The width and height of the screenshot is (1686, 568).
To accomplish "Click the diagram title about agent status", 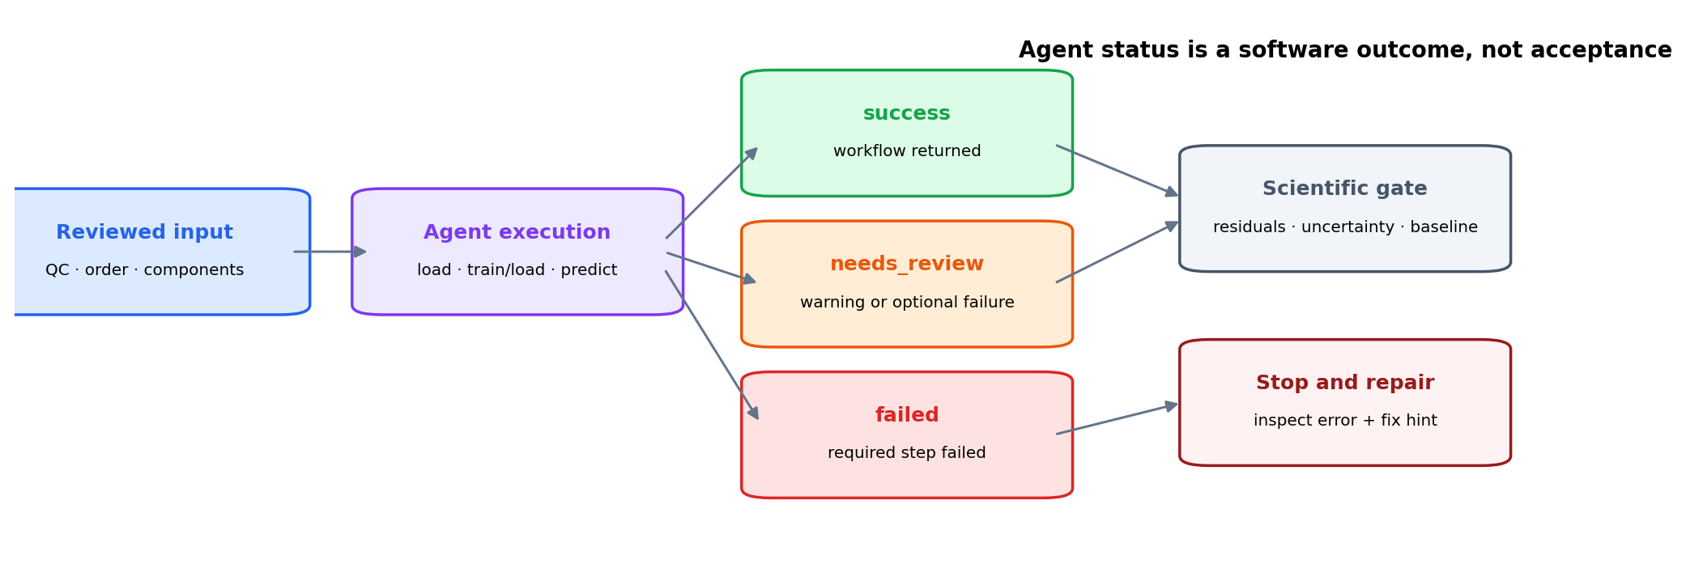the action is click(x=1345, y=50).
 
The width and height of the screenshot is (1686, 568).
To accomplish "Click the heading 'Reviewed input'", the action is click(x=145, y=233).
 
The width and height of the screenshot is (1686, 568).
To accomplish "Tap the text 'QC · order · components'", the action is click(x=145, y=270).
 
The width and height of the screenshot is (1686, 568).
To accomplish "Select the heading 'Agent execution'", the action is click(x=517, y=233).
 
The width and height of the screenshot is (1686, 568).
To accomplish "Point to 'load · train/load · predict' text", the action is click(x=517, y=270).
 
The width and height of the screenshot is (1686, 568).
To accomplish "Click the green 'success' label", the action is click(x=907, y=114).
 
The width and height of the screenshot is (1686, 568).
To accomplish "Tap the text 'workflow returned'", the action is click(x=907, y=151).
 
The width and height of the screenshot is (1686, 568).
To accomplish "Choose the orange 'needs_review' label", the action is click(x=907, y=265).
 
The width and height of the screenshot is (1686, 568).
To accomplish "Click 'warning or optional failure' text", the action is click(x=907, y=303).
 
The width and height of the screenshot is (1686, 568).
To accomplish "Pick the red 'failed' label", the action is click(x=907, y=416).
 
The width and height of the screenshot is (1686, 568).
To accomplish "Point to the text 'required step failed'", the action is click(x=907, y=453).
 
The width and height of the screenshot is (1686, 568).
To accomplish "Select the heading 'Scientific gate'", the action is click(x=1345, y=189).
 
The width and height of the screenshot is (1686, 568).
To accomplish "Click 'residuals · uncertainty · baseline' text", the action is click(x=1345, y=227).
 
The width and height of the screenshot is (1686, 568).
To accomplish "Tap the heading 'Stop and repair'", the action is click(x=1345, y=384).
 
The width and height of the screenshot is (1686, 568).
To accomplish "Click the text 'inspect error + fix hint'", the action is click(x=1345, y=421).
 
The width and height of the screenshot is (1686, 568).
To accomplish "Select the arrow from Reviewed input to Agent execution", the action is click(x=330, y=252).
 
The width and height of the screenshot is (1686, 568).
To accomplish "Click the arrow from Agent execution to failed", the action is click(x=712, y=345).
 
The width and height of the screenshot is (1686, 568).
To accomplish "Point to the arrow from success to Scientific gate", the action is click(x=1118, y=171).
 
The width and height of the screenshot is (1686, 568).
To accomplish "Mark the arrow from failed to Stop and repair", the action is click(x=1118, y=418).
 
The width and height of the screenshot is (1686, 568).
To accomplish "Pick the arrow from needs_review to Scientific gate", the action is click(x=1118, y=252).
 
